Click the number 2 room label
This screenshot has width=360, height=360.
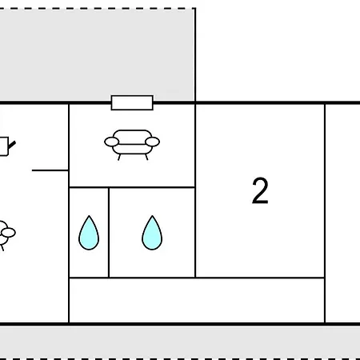tap(260, 190)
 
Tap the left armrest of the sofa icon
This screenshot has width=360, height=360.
tap(111, 142)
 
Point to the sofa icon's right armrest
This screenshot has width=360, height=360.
tap(152, 142)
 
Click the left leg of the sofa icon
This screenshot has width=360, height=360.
tap(119, 157)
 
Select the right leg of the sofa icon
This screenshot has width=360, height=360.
tap(146, 157)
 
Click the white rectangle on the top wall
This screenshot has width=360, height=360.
tap(132, 102)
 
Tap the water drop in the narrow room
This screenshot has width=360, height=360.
tap(89, 233)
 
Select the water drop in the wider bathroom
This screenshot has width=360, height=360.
tap(152, 233)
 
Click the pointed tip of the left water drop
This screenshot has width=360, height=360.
tap(89, 215)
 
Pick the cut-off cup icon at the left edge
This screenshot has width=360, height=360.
tap(4, 146)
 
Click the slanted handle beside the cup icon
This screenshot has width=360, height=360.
tap(12, 145)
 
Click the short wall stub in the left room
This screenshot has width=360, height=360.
tap(50, 170)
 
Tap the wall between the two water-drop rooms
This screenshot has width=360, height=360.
tap(109, 233)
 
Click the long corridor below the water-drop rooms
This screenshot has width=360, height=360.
tap(197, 300)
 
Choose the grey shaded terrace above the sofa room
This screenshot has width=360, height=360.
tap(97, 54)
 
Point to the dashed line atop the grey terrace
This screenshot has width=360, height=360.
tap(98, 9)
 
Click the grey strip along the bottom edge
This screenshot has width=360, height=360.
tap(180, 342)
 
